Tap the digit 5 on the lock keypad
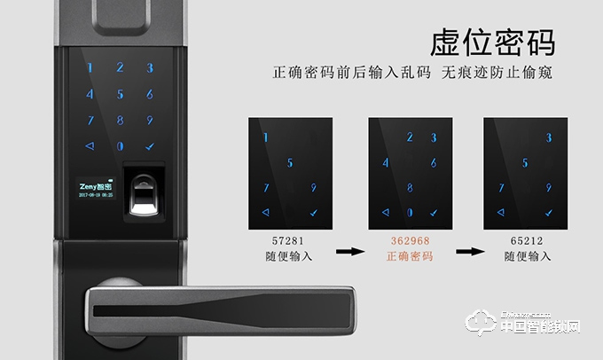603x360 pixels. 120,94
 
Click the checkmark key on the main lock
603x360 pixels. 150,146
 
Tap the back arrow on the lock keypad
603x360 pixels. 89,146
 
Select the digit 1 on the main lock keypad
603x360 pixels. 89,67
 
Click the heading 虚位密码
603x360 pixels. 492,42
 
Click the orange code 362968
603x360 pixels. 411,240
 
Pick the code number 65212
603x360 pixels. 526,240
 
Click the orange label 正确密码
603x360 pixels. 411,257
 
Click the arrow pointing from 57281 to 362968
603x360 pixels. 351,251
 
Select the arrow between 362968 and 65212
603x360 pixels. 468,251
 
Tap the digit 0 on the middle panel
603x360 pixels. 410,213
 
